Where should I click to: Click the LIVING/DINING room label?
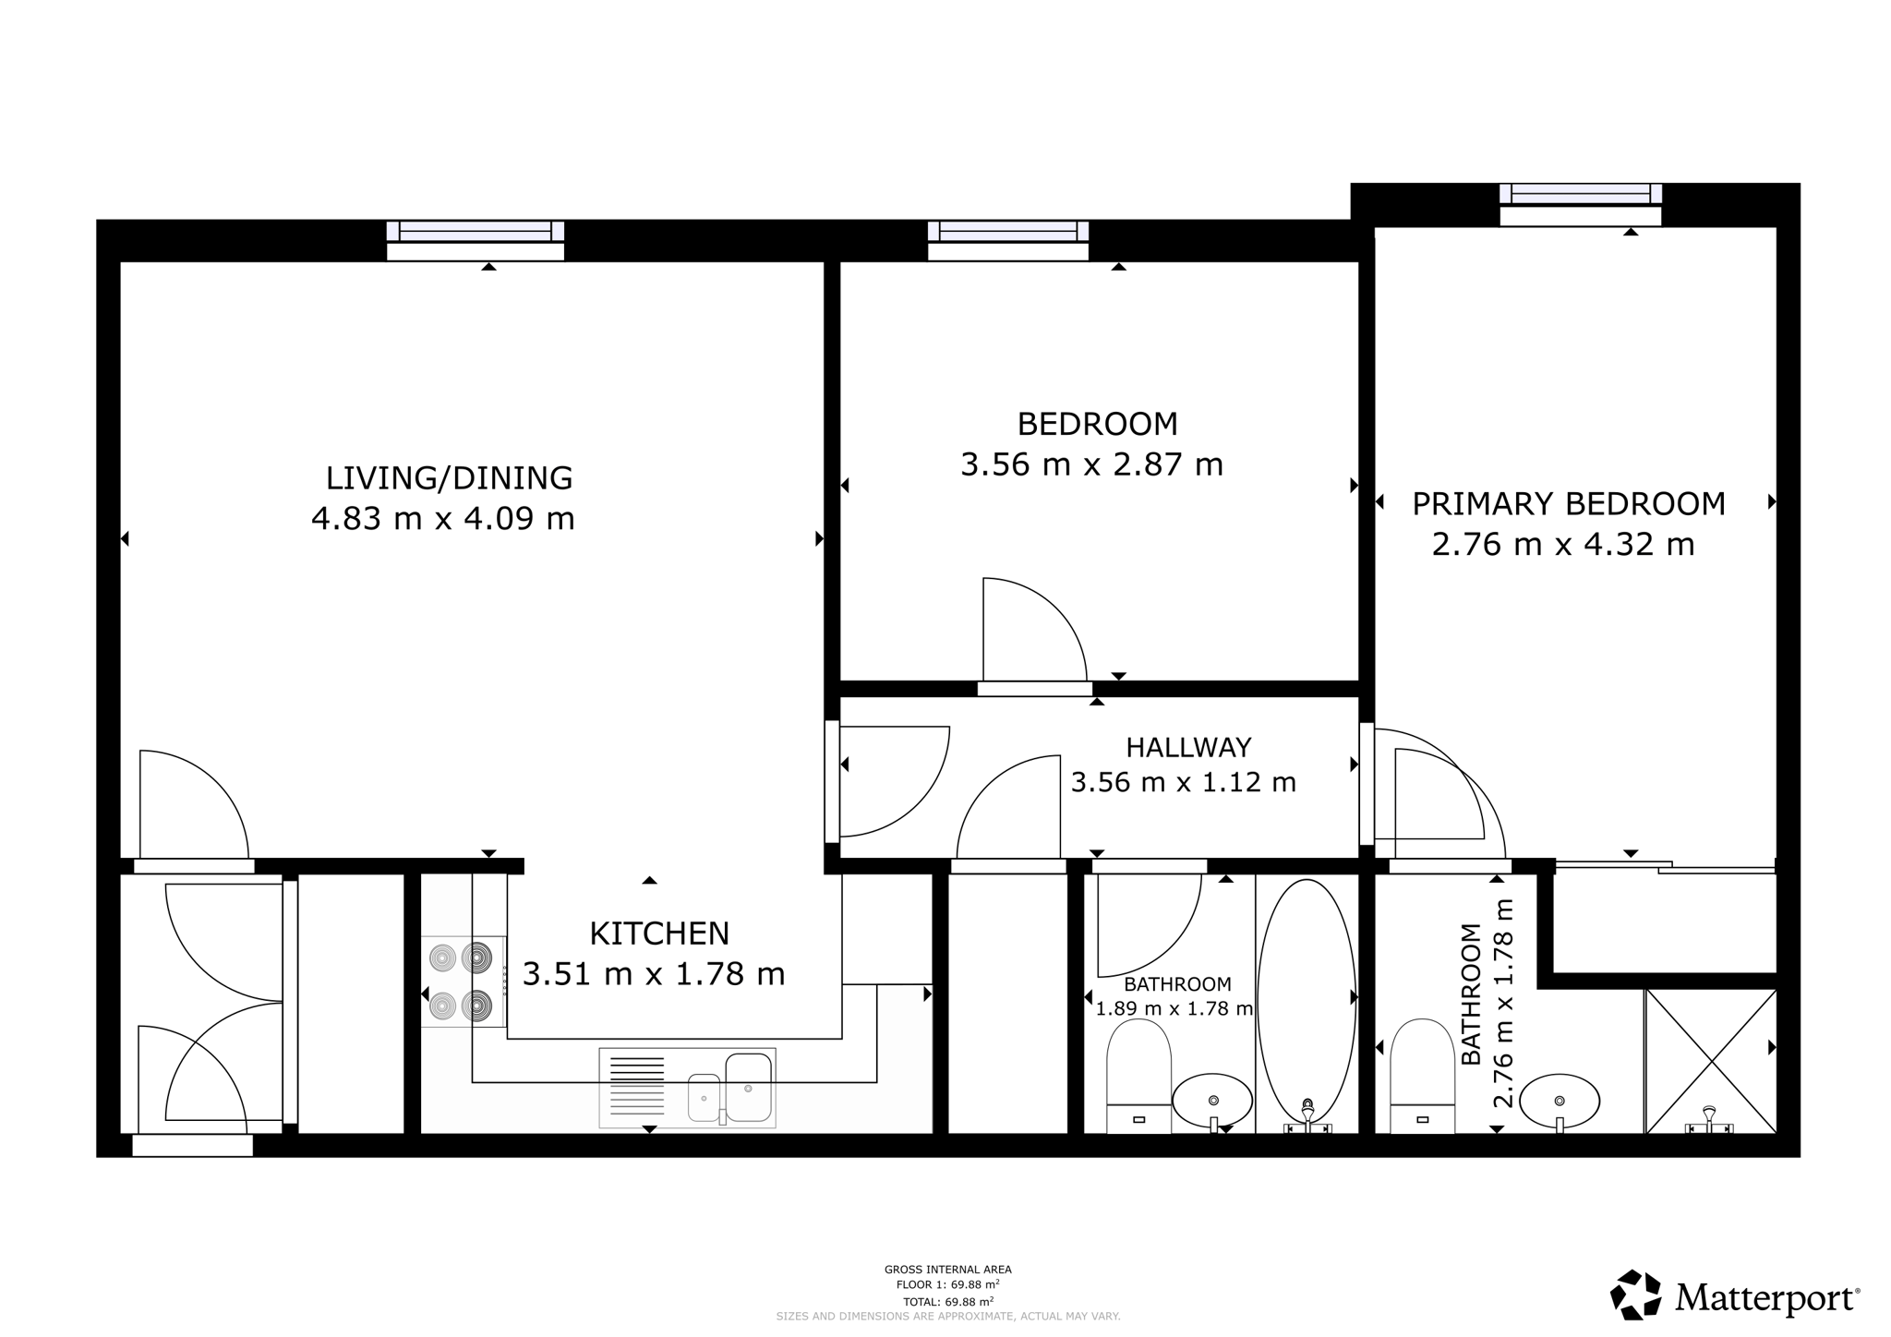[x=449, y=478]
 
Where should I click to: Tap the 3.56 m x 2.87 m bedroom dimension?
[x=1091, y=464]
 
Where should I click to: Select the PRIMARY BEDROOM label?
[x=1569, y=504]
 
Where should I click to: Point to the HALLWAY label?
[x=1188, y=747]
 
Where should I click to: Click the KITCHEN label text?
[x=659, y=933]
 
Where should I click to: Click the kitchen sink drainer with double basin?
[x=687, y=1088]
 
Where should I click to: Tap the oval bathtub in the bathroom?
[x=1307, y=1005]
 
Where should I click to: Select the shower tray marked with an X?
[x=1711, y=1061]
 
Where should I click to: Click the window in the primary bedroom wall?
[x=1580, y=204]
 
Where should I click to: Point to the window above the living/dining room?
[x=475, y=241]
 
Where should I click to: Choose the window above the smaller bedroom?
[x=1007, y=241]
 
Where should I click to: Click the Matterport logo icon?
[x=1636, y=1295]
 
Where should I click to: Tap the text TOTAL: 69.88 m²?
[x=948, y=1302]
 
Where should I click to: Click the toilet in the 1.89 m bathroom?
[x=1138, y=1076]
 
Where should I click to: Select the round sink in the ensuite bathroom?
[x=1560, y=1102]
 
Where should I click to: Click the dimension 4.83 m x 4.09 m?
[x=443, y=519]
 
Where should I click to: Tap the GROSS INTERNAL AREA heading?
[x=948, y=1270]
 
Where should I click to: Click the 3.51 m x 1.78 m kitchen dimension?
[x=654, y=974]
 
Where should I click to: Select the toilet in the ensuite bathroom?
[x=1422, y=1076]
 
